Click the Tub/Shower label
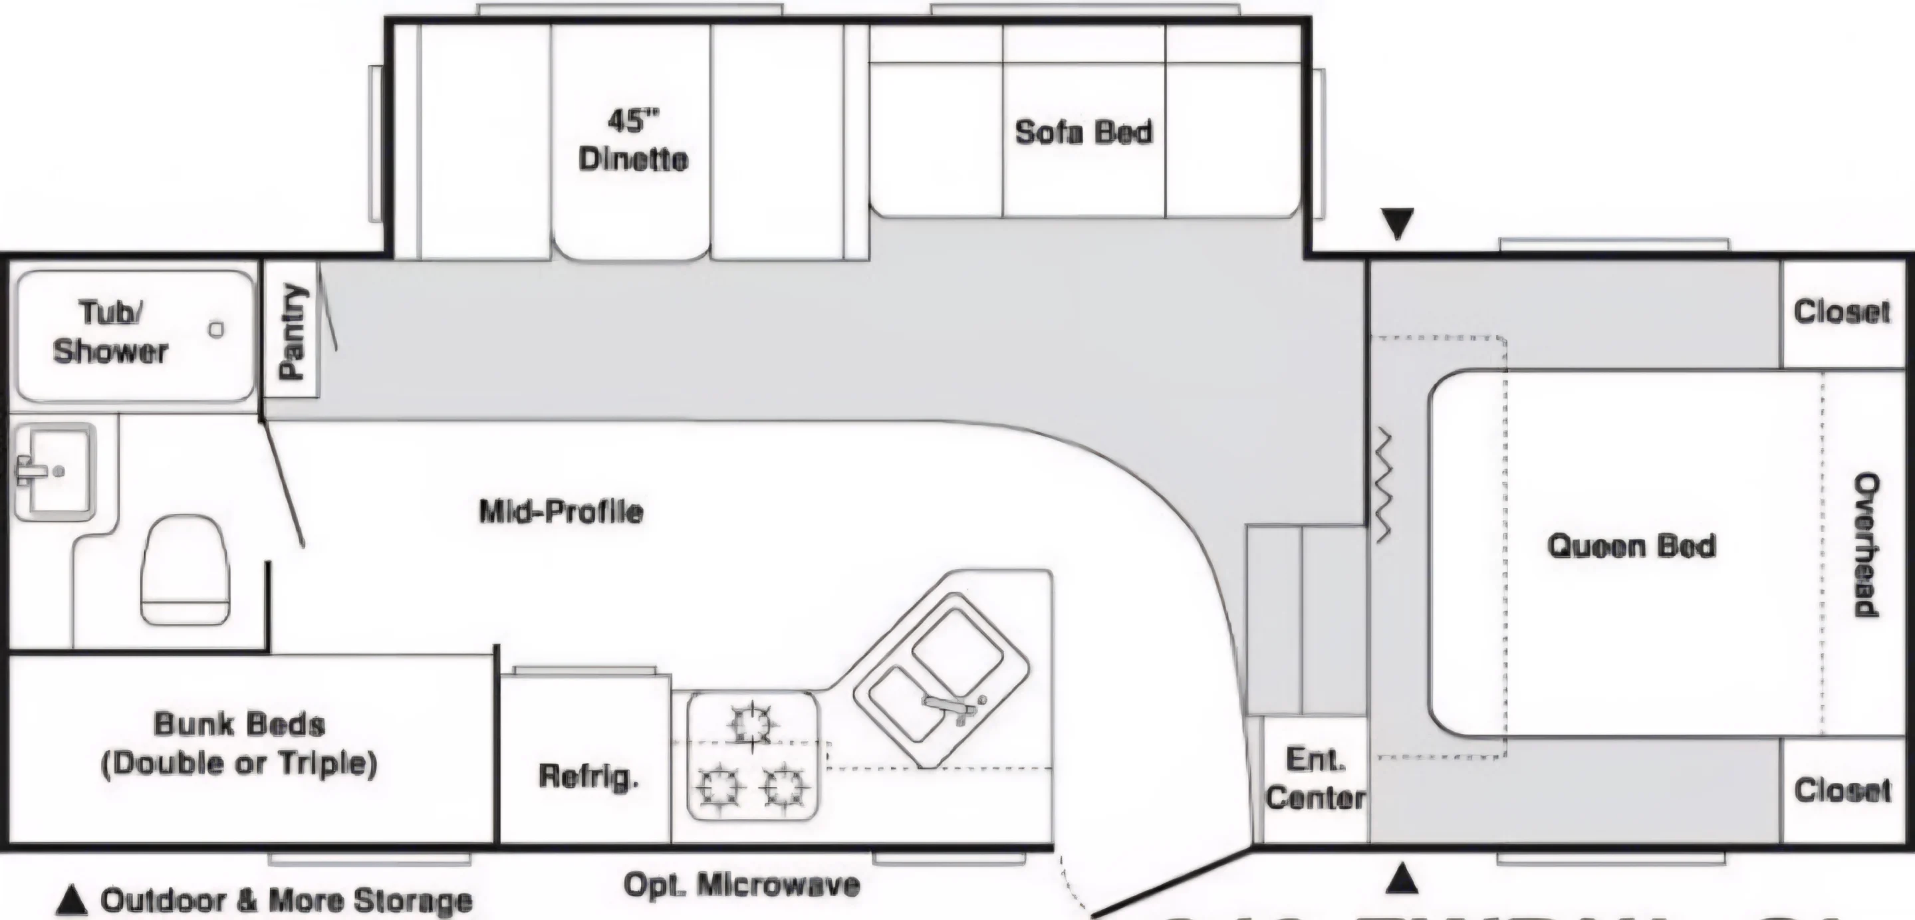(110, 332)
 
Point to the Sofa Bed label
(1083, 132)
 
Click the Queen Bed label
(1631, 546)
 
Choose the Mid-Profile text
(561, 511)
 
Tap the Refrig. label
(588, 776)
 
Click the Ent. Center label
(1315, 778)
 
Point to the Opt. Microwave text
(741, 884)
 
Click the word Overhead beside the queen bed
(1867, 544)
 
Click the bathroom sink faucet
(30, 471)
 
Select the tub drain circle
(216, 329)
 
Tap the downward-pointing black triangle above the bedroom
(1398, 223)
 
